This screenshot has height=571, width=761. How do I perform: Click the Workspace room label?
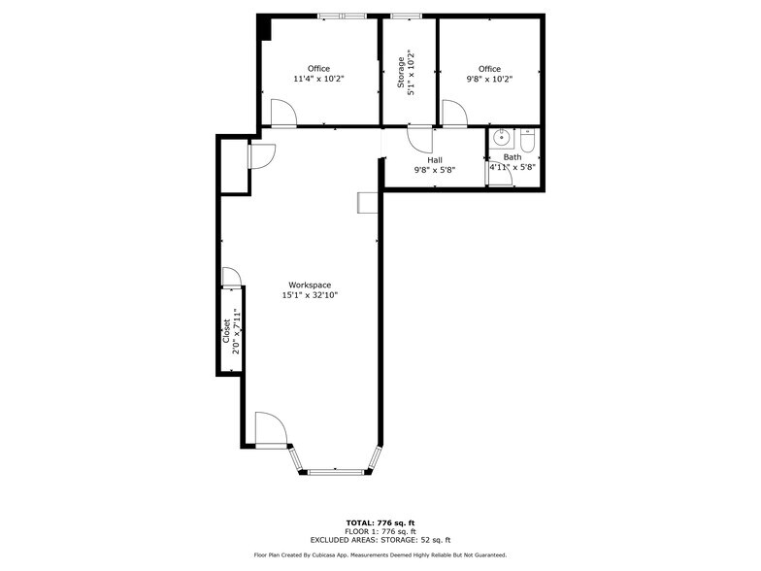pyautogui.click(x=310, y=285)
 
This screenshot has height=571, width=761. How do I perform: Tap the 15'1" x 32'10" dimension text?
pyautogui.click(x=310, y=295)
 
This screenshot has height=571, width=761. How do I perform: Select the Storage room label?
pyautogui.click(x=401, y=73)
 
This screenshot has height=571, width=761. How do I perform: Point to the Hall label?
pyautogui.click(x=435, y=159)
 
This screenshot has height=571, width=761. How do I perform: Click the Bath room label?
pyautogui.click(x=513, y=157)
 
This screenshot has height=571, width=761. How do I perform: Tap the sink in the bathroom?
pyautogui.click(x=501, y=139)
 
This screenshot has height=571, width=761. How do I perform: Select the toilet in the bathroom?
pyautogui.click(x=527, y=140)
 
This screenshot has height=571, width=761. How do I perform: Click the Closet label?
pyautogui.click(x=227, y=330)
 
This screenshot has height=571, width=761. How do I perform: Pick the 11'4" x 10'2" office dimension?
pyautogui.click(x=318, y=79)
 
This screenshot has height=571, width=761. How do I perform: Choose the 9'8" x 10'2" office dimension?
pyautogui.click(x=489, y=79)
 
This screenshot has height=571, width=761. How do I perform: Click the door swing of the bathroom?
pyautogui.click(x=500, y=173)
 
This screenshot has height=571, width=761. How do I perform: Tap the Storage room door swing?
pyautogui.click(x=419, y=140)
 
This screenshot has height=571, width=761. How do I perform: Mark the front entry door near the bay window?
pyautogui.click(x=271, y=429)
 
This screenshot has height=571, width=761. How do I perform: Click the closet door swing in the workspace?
pyautogui.click(x=231, y=278)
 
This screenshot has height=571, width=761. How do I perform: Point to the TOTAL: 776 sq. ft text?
pyautogui.click(x=380, y=522)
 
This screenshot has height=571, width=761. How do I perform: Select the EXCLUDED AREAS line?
pyautogui.click(x=380, y=540)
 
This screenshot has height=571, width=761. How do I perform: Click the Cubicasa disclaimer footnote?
pyautogui.click(x=380, y=555)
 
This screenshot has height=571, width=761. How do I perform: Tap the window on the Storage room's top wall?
pyautogui.click(x=406, y=16)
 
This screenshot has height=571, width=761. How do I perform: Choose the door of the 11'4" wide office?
pyautogui.click(x=283, y=113)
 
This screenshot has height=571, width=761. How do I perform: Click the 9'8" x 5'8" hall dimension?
pyautogui.click(x=435, y=170)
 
